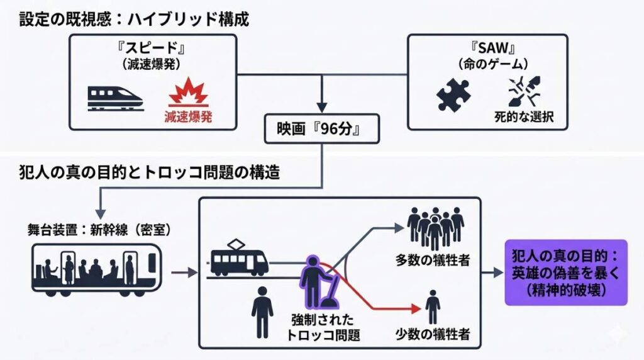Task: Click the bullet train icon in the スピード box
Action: [115, 97]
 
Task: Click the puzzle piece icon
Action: [453, 94]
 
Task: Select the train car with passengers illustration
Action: [96, 271]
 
